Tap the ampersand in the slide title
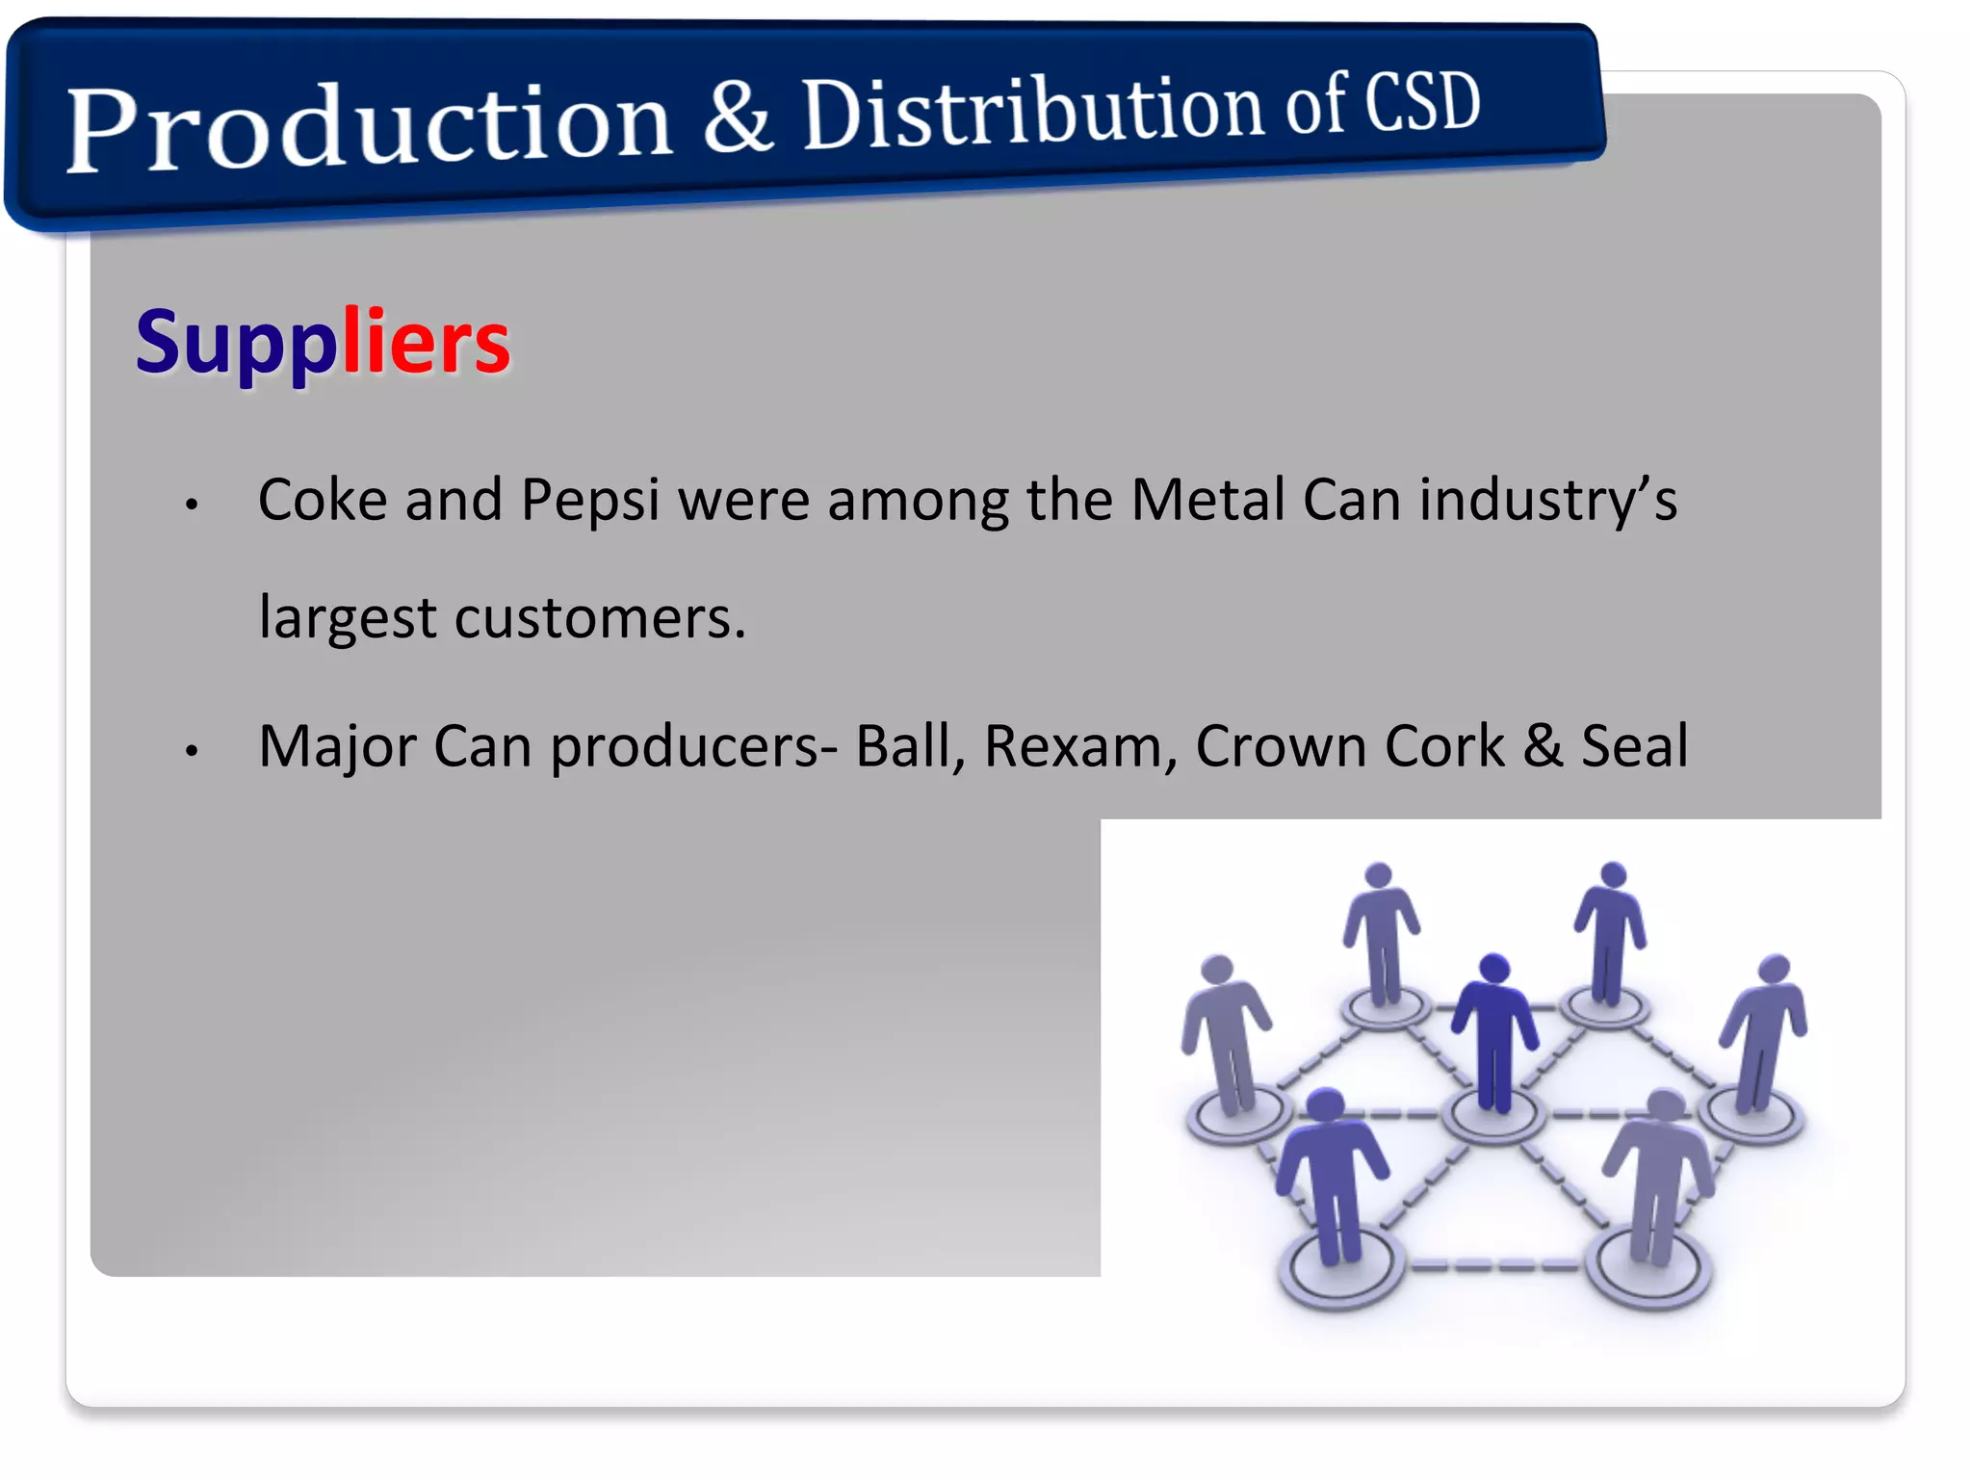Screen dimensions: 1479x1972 click(x=738, y=117)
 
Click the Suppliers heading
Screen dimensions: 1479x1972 click(x=323, y=342)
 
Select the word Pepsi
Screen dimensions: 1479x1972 click(x=589, y=502)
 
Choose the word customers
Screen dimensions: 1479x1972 click(x=599, y=617)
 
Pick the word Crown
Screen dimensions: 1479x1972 click(x=1281, y=746)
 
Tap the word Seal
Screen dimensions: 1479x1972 click(x=1634, y=746)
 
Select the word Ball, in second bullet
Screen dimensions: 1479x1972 click(x=910, y=746)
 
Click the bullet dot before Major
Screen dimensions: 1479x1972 click(x=192, y=750)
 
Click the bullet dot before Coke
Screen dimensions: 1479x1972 click(x=192, y=504)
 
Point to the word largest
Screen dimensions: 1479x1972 click(x=348, y=619)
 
